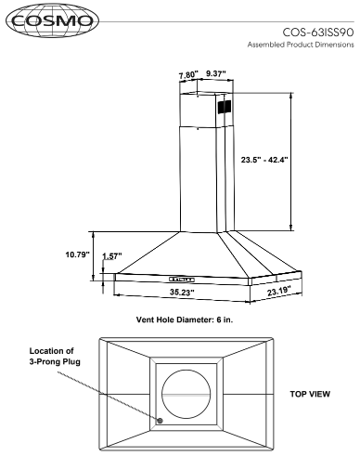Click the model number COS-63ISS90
(x=318, y=33)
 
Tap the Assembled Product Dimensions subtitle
(x=301, y=45)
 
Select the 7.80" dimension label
(x=188, y=75)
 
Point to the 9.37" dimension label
(x=216, y=73)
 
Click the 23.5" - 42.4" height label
(x=264, y=160)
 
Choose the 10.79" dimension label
(x=77, y=254)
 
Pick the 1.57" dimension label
(x=112, y=256)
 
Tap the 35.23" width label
(x=182, y=292)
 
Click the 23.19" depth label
(x=279, y=291)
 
